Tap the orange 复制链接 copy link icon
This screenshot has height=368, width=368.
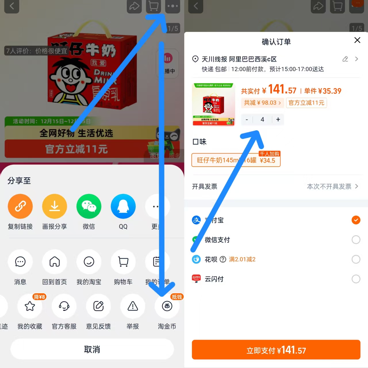pos(20,206)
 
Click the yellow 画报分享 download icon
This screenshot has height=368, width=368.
pos(55,206)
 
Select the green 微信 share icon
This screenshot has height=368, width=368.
pos(89,206)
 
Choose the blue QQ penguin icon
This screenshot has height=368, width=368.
pos(123,206)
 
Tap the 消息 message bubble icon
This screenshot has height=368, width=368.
pos(20,262)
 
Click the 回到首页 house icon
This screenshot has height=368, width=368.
pos(55,262)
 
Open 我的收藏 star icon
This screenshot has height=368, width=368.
pos(30,306)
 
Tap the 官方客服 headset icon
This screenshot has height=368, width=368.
pos(64,306)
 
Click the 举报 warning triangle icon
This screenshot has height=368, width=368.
pos(133,306)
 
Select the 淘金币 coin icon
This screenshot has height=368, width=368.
pos(167,306)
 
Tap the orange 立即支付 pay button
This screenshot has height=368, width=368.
pos(276,350)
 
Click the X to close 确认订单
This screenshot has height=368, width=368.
pos(357,40)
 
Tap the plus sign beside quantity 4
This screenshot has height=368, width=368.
pos(278,120)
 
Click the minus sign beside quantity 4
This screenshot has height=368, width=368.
pos(247,120)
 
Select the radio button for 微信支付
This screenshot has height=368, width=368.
pos(356,240)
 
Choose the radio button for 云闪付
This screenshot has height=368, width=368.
pos(356,279)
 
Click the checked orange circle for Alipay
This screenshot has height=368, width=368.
pos(356,220)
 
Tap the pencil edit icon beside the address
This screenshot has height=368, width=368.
pos(345,59)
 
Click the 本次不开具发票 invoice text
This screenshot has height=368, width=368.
pos(329,187)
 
